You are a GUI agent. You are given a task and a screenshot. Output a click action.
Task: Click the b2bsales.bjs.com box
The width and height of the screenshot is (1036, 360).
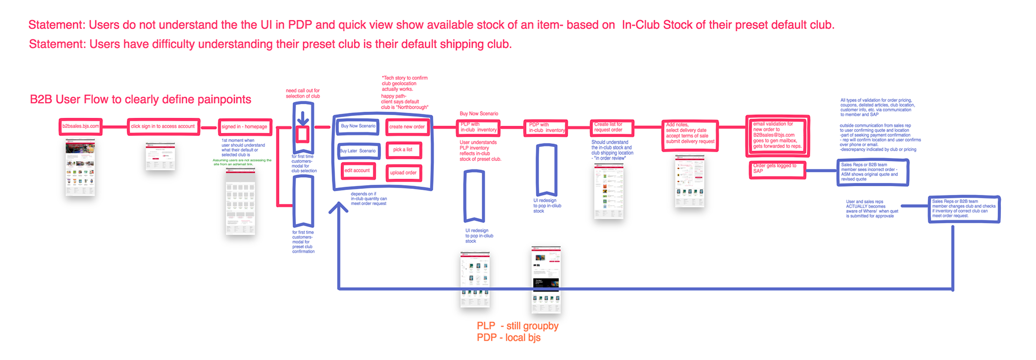[80, 126]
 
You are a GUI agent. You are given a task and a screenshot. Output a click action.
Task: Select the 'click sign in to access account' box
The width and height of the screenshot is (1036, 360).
[163, 126]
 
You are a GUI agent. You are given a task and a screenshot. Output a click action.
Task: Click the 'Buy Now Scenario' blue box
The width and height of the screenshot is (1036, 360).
[358, 126]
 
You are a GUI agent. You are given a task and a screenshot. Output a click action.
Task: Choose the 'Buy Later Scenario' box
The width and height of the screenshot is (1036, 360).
[358, 151]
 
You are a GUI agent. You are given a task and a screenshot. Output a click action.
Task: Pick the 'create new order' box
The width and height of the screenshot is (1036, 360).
[407, 127]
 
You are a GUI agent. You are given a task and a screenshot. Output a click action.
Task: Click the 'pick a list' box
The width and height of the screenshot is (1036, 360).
[403, 150]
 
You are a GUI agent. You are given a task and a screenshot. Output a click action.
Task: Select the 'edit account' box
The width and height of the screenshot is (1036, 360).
[358, 171]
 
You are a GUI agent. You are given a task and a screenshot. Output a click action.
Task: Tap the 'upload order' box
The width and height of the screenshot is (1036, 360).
[404, 173]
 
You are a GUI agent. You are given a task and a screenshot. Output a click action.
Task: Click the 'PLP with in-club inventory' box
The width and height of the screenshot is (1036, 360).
[478, 127]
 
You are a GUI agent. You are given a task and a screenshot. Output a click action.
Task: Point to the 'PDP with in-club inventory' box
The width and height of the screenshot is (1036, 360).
[546, 128]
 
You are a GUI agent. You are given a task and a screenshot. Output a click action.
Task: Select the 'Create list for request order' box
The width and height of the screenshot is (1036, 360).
[611, 127]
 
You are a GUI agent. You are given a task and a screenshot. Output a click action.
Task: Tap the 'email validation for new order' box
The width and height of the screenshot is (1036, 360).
[778, 135]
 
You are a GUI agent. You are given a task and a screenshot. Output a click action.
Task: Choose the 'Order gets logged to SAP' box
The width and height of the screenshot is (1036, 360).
[777, 169]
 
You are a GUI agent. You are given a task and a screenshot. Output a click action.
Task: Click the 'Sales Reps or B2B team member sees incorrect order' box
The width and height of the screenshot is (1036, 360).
[872, 172]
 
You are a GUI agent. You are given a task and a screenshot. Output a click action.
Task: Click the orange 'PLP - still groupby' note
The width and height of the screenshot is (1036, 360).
[517, 326]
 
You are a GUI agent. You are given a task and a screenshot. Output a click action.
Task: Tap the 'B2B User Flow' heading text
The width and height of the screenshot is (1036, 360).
[140, 99]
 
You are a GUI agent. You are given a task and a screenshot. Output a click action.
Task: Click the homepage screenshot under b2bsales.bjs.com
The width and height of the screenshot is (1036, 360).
[80, 167]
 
